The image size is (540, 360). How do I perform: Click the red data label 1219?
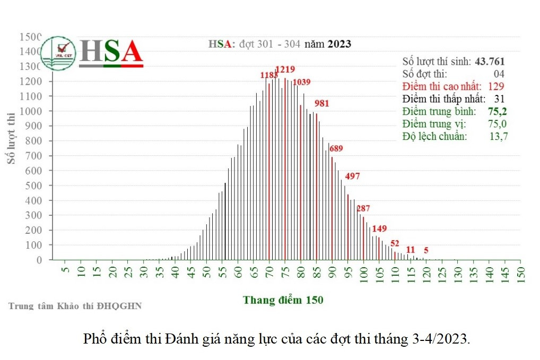point(285,69)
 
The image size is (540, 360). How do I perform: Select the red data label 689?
point(336,148)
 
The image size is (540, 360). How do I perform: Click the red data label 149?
point(379,229)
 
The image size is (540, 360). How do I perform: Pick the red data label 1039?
point(301,82)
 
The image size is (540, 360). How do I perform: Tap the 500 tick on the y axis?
point(34,186)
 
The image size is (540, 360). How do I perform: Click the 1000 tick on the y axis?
point(31,111)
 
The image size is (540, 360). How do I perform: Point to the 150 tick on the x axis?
point(520,274)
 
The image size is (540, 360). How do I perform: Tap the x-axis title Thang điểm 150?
point(283,300)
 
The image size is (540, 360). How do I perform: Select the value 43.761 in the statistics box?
point(490,62)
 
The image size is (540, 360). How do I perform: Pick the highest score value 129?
point(497,86)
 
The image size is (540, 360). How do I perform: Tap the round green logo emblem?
point(58,53)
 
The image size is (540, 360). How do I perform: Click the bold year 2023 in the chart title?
point(339,44)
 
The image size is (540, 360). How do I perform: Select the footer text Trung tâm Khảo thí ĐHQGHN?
point(75,306)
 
